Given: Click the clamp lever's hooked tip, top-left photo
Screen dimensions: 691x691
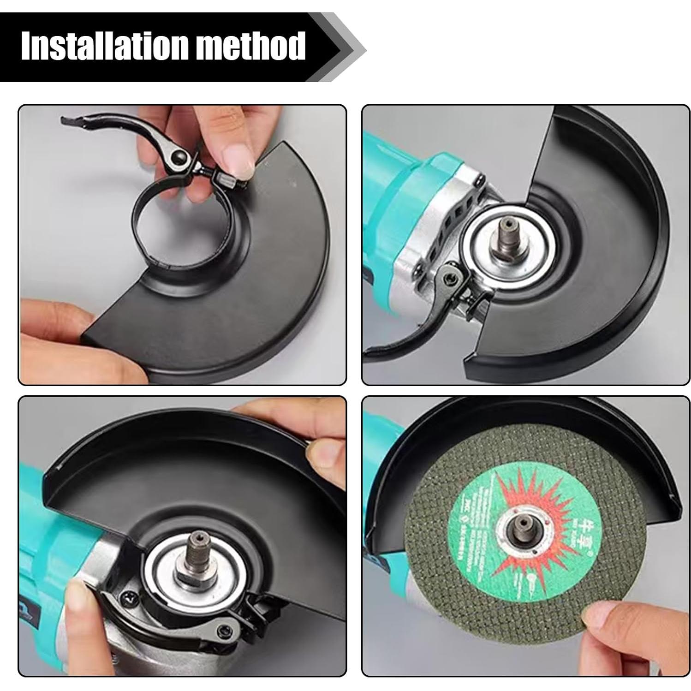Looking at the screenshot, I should (69, 121).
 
